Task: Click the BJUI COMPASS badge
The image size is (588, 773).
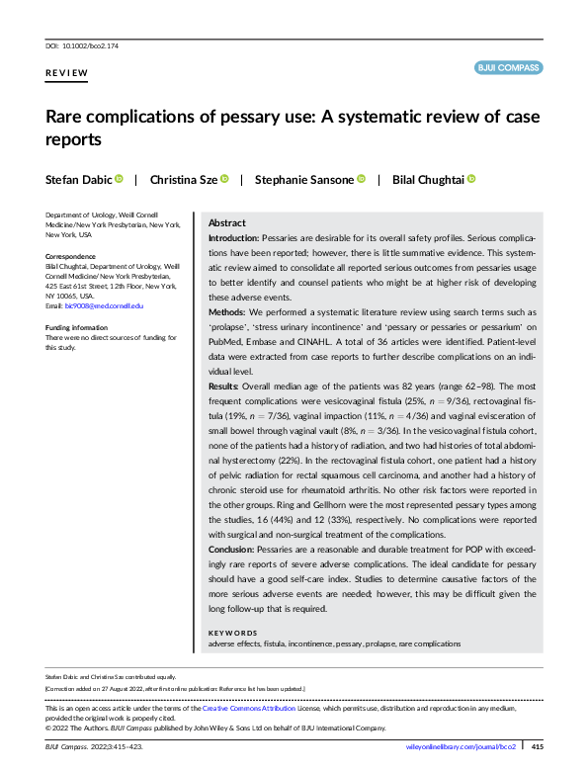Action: [x=508, y=68]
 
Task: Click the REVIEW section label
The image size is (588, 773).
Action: [x=66, y=74]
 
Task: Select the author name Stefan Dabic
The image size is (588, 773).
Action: [x=78, y=179]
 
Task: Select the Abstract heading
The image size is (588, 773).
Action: [x=227, y=223]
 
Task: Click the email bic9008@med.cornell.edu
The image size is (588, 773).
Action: [x=104, y=306]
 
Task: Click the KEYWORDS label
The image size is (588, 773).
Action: [x=232, y=632]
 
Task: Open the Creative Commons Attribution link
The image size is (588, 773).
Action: [x=248, y=710]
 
